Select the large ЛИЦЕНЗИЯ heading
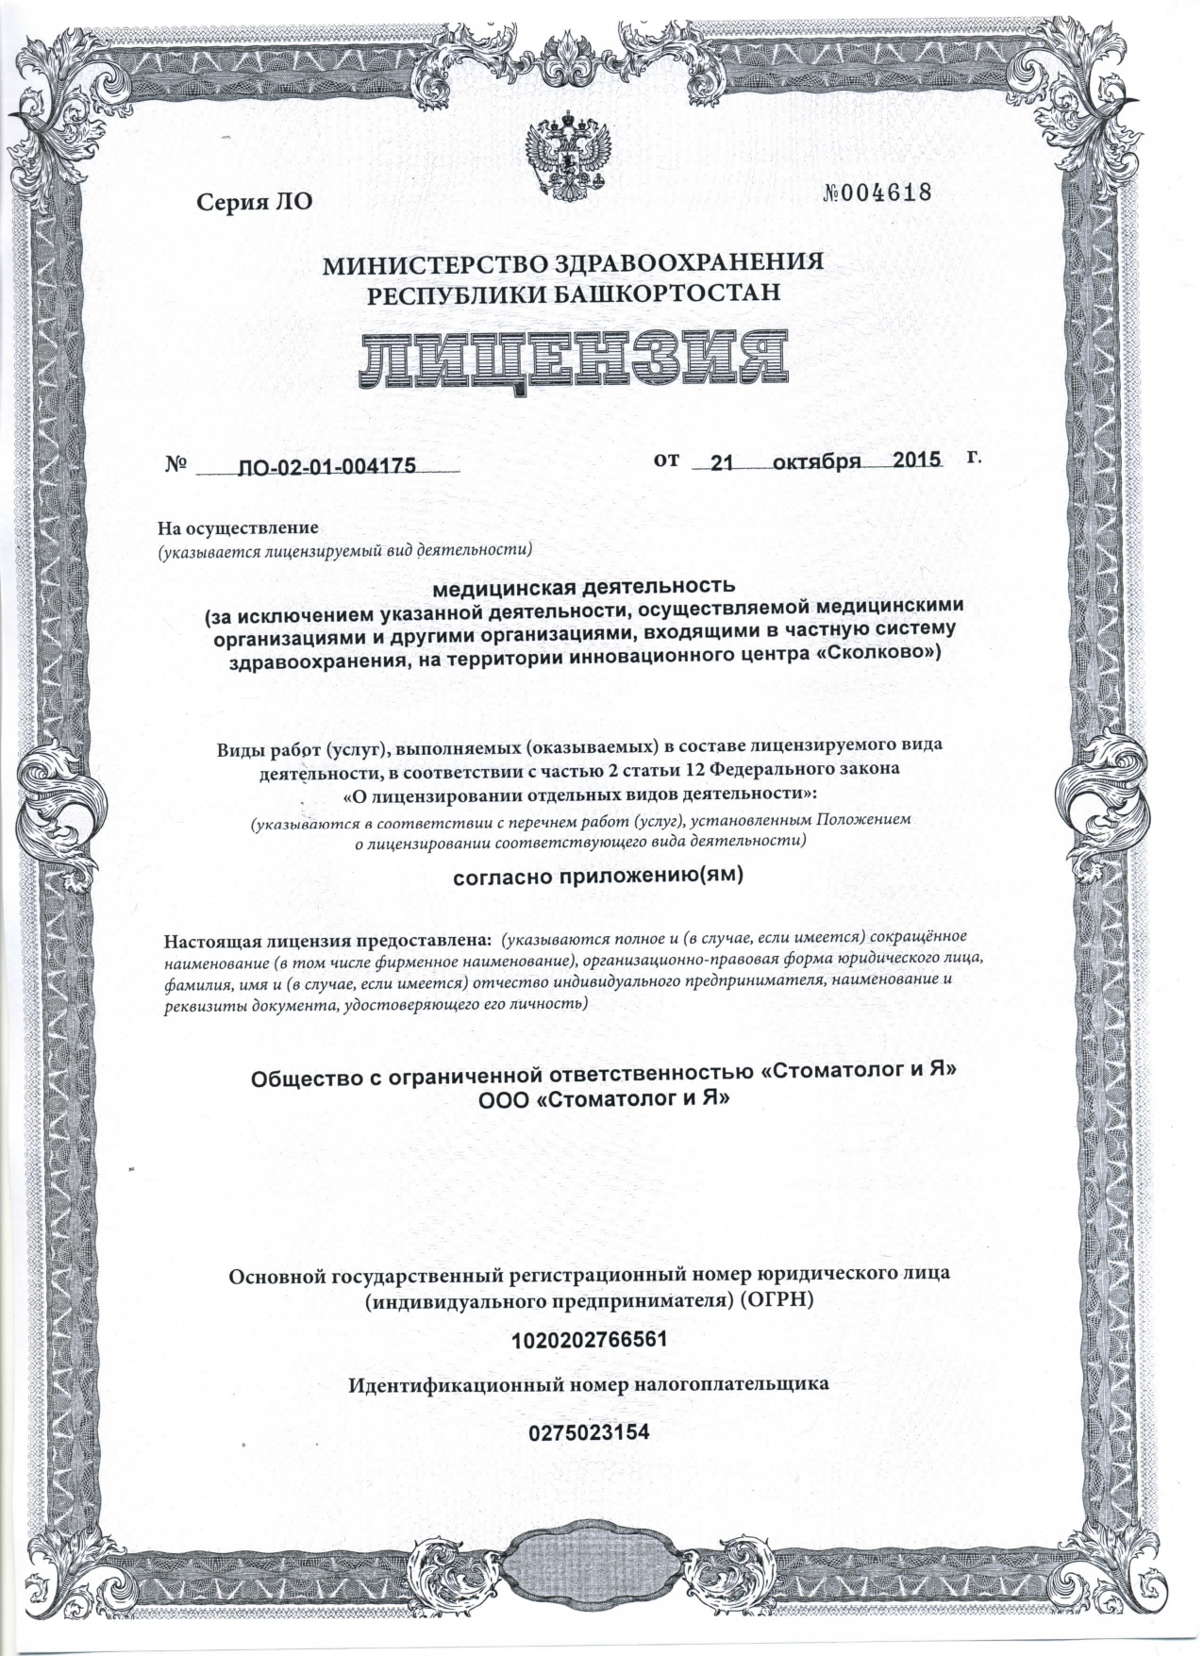coord(573,360)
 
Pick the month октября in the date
coord(817,461)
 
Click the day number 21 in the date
coord(722,462)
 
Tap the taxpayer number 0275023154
coord(590,1431)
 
